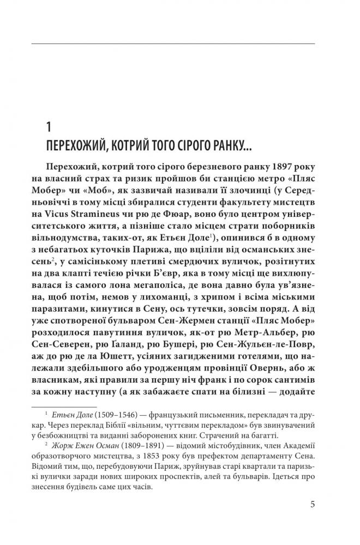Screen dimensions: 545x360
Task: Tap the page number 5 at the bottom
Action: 312,504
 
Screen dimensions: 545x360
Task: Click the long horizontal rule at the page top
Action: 179,42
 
